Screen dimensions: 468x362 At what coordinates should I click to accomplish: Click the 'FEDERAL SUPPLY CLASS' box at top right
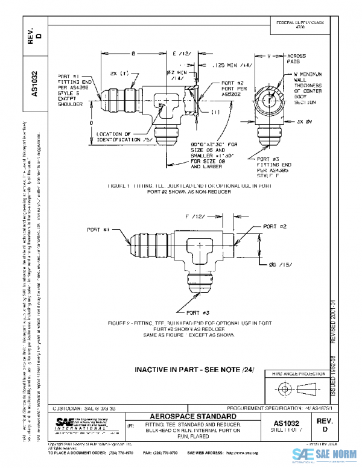click(300, 24)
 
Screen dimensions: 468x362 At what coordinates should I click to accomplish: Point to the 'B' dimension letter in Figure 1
click(133, 54)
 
